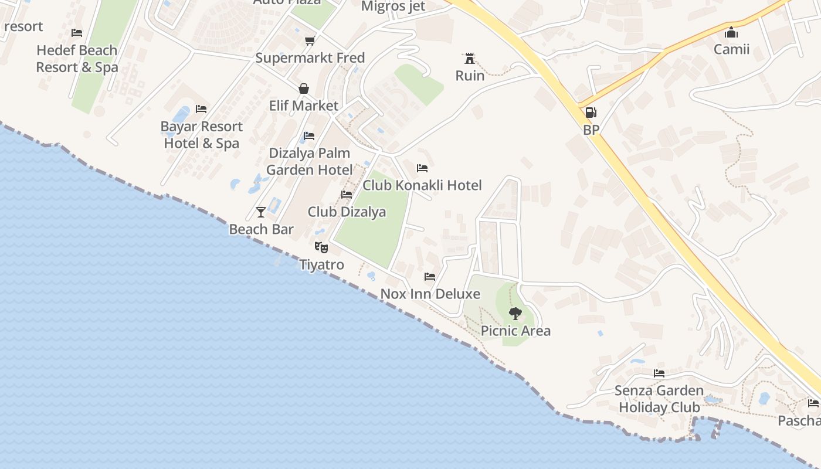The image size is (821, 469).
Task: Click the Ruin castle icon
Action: [469, 58]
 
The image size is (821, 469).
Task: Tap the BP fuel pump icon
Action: [591, 113]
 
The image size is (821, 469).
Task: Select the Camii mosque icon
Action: [731, 32]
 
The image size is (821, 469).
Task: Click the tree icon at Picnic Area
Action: [515, 313]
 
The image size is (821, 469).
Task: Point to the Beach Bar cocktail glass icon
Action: [261, 212]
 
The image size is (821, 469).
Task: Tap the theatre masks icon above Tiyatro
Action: [321, 247]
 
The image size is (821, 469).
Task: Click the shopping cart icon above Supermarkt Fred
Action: [310, 40]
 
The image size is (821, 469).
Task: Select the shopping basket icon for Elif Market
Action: [304, 89]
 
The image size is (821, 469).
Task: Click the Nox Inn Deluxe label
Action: [430, 294]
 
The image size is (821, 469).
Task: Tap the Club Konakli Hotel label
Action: [422, 185]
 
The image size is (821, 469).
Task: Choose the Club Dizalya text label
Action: [347, 212]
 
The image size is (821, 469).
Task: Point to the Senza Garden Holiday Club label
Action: [659, 399]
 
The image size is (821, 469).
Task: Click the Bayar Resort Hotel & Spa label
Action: [201, 135]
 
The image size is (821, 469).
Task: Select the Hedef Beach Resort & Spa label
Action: [77, 59]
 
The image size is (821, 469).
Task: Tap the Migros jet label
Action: [393, 6]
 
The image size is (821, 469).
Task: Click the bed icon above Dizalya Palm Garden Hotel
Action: [309, 136]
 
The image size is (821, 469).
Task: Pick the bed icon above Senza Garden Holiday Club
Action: [659, 373]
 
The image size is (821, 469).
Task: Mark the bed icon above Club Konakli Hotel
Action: [422, 168]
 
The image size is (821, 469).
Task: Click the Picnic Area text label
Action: [515, 331]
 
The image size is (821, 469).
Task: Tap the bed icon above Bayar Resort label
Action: [201, 109]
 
